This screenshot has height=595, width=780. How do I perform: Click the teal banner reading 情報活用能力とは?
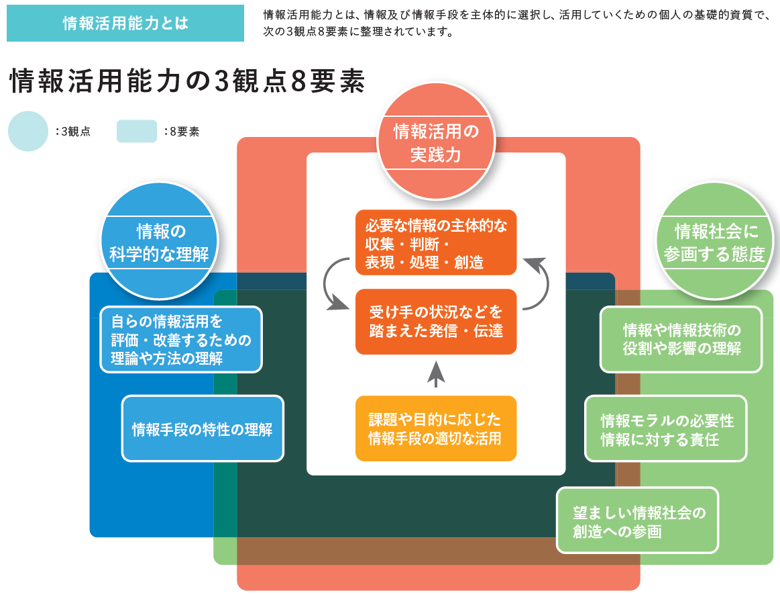tap(125, 23)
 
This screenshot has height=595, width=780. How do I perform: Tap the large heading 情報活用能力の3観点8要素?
tap(188, 81)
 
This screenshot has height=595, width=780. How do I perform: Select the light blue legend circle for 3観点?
tap(28, 131)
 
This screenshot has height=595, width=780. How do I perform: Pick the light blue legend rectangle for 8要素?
tap(137, 131)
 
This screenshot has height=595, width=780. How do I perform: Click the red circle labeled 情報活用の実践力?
tap(436, 142)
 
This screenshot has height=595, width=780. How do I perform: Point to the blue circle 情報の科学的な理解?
tap(160, 242)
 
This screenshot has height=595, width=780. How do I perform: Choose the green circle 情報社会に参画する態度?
tap(715, 242)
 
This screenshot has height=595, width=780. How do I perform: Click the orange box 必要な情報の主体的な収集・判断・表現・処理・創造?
tap(436, 242)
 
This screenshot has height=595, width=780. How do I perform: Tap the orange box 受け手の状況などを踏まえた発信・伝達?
tap(436, 322)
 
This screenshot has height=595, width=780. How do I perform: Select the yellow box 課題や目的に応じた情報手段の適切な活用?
tap(436, 428)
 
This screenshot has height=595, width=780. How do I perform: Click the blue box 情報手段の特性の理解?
tap(203, 428)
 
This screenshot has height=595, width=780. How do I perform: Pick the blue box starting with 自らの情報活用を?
tap(181, 340)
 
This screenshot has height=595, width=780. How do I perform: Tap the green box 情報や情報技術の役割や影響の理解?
tap(681, 340)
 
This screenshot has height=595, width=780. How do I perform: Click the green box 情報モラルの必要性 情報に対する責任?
tap(666, 428)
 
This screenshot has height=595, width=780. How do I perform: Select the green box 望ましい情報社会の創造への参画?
tap(637, 520)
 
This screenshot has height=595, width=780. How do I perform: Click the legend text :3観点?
tap(73, 132)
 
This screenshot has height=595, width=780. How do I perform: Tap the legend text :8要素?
tap(182, 132)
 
